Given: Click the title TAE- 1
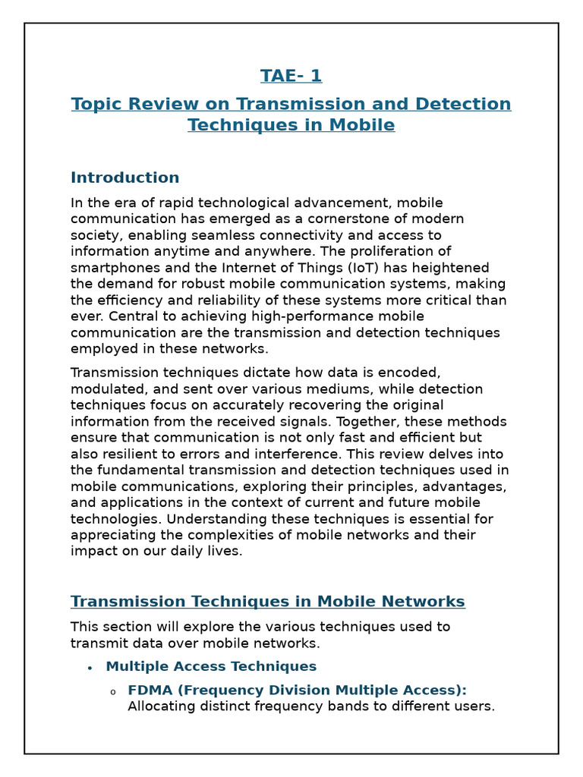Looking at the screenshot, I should [291, 76].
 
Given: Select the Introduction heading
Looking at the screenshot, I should [124, 178].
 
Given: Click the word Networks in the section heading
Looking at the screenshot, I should [424, 602].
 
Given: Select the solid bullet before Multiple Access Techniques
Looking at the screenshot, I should [90, 667].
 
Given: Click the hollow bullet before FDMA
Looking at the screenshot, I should [112, 691].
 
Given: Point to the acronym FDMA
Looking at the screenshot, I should [149, 690].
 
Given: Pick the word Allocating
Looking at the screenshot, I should [159, 706].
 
